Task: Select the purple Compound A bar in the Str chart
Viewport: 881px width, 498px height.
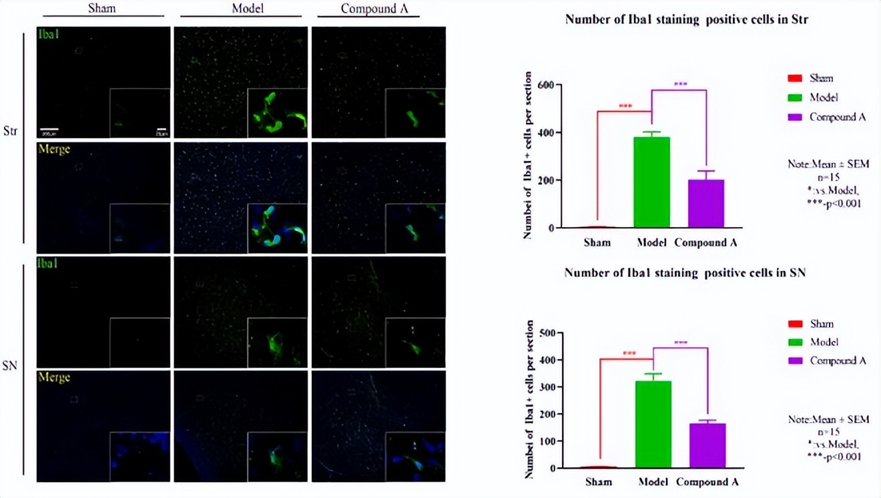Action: (x=705, y=204)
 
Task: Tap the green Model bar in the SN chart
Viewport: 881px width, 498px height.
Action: (x=653, y=424)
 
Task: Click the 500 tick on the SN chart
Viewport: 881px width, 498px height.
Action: (x=547, y=332)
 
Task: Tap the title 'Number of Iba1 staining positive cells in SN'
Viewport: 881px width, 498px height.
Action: (x=686, y=273)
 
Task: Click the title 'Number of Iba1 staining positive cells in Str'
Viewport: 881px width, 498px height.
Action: (x=687, y=19)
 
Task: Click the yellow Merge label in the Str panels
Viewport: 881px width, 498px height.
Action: (x=54, y=149)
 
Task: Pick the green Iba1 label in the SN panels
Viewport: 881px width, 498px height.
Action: (x=49, y=263)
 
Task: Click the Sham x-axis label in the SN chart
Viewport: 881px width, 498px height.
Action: (x=598, y=482)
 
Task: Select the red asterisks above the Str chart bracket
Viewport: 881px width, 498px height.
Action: (x=625, y=106)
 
